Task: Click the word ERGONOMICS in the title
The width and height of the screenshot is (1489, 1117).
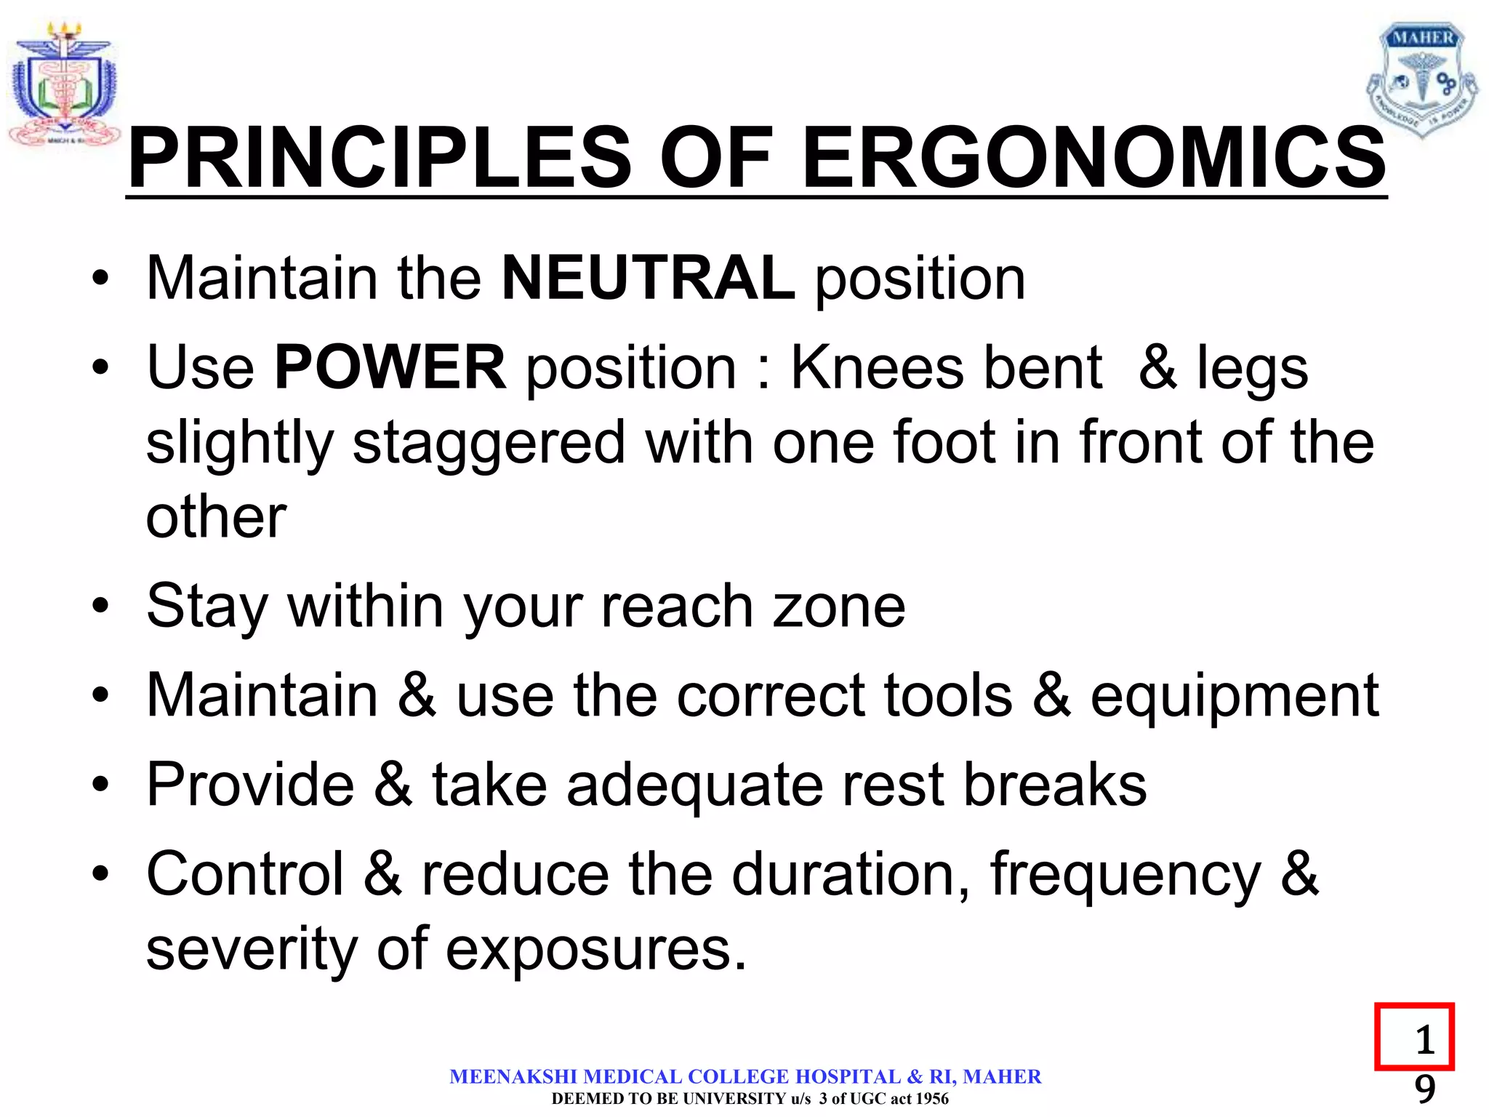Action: point(1093,158)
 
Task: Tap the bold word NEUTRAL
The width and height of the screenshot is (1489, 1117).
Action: point(649,278)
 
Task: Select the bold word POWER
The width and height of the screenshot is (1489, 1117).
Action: point(390,367)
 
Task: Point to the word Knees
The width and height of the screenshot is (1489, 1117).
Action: point(877,367)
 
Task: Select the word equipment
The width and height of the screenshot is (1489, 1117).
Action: point(1235,695)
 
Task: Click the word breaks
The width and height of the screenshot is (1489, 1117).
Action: point(1054,785)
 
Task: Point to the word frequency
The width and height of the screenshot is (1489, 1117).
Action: point(1125,876)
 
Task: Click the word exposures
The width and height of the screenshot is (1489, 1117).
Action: point(596,950)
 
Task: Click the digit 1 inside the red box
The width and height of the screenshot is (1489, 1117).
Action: point(1424,1040)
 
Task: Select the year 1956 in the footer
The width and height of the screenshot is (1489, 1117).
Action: point(932,1099)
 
